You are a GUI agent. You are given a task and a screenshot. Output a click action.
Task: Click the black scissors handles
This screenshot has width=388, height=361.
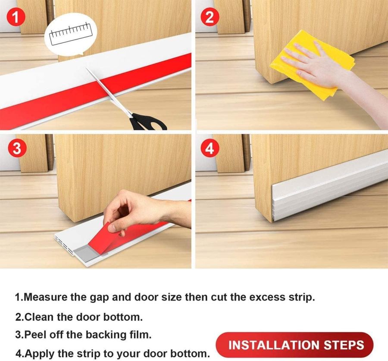point(147,122)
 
